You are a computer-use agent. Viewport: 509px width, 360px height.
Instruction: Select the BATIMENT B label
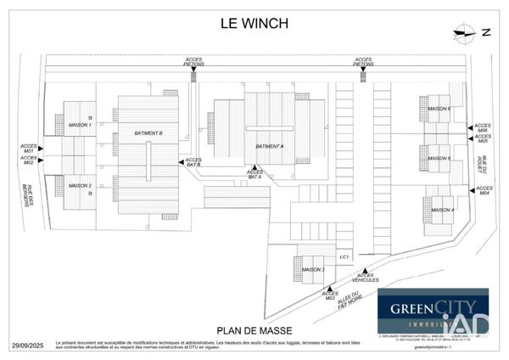pyautogui.click(x=148, y=133)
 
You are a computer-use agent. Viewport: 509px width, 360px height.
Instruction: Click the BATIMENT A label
pyautogui.click(x=269, y=146)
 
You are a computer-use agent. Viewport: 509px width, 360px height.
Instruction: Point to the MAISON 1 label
pyautogui.click(x=79, y=125)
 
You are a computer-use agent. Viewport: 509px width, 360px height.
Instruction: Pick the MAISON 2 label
pyautogui.click(x=79, y=185)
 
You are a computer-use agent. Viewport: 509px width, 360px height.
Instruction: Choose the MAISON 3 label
pyautogui.click(x=313, y=270)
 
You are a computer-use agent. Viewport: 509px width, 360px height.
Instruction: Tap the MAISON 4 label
pyautogui.click(x=442, y=210)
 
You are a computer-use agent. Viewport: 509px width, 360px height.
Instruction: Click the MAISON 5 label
pyautogui.click(x=439, y=158)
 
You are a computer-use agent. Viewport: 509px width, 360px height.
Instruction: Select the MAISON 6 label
pyautogui.click(x=439, y=109)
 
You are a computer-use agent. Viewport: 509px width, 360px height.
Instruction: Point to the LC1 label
pyautogui.click(x=344, y=256)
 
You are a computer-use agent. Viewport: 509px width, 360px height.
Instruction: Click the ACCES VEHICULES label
pyautogui.click(x=366, y=277)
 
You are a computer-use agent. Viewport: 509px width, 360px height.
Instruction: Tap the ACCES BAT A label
pyautogui.click(x=255, y=175)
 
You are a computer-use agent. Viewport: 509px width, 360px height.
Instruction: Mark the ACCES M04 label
pyautogui.click(x=484, y=190)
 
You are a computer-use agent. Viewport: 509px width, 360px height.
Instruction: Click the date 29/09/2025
pyautogui.click(x=27, y=346)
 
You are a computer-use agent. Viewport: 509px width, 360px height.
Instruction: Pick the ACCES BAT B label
pyautogui.click(x=193, y=161)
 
